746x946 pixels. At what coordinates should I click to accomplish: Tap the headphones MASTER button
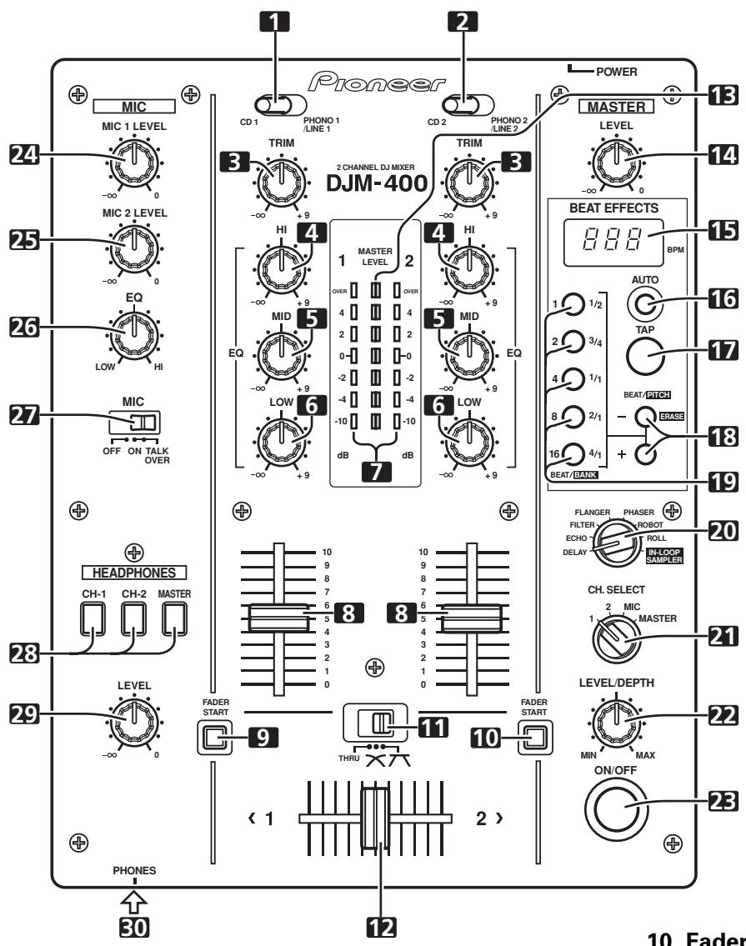(x=175, y=618)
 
